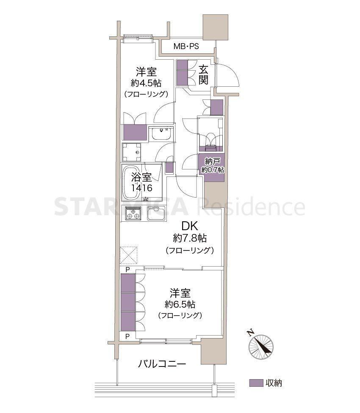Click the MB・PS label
click(x=186, y=47)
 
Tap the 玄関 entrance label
click(x=203, y=75)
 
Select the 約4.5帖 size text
click(x=146, y=83)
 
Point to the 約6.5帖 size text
click(x=180, y=305)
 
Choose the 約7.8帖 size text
click(x=189, y=238)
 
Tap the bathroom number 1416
click(x=142, y=188)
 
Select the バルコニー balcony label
click(x=162, y=364)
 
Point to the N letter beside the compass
click(x=250, y=333)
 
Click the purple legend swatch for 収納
click(x=256, y=383)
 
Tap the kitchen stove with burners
click(x=133, y=213)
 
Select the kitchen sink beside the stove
click(x=156, y=213)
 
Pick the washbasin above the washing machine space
click(x=161, y=134)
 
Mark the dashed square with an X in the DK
click(x=129, y=255)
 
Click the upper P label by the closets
click(x=127, y=270)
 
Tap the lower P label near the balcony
click(x=127, y=336)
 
